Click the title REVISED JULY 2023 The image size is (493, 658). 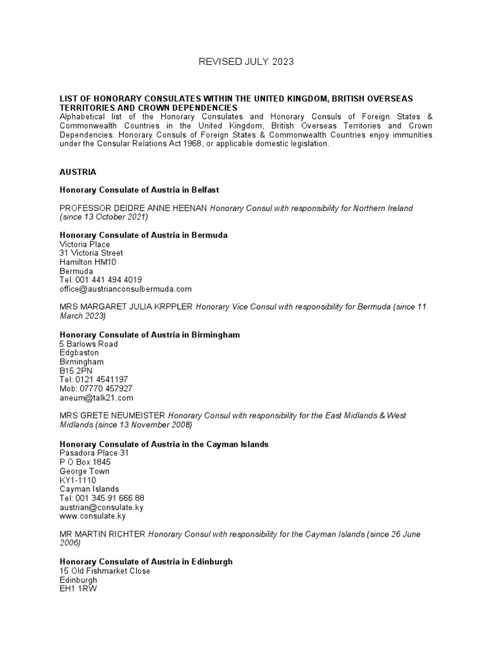click(246, 62)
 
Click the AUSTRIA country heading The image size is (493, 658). click(78, 172)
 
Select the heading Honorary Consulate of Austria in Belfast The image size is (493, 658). click(140, 190)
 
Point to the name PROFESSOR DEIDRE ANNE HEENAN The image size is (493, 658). click(134, 208)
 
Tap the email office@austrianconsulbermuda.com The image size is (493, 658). click(125, 289)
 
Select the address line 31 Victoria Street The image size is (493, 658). click(91, 253)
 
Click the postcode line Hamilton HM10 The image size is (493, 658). click(88, 262)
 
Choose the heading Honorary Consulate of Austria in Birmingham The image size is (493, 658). click(150, 335)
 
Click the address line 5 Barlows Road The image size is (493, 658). click(89, 344)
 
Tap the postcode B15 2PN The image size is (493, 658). click(77, 371)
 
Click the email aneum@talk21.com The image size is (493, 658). click(96, 398)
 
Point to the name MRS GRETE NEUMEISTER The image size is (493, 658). click(112, 416)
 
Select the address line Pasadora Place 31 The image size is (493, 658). click(94, 453)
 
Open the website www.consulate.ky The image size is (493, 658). click(92, 516)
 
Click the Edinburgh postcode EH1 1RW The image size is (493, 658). click(78, 589)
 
